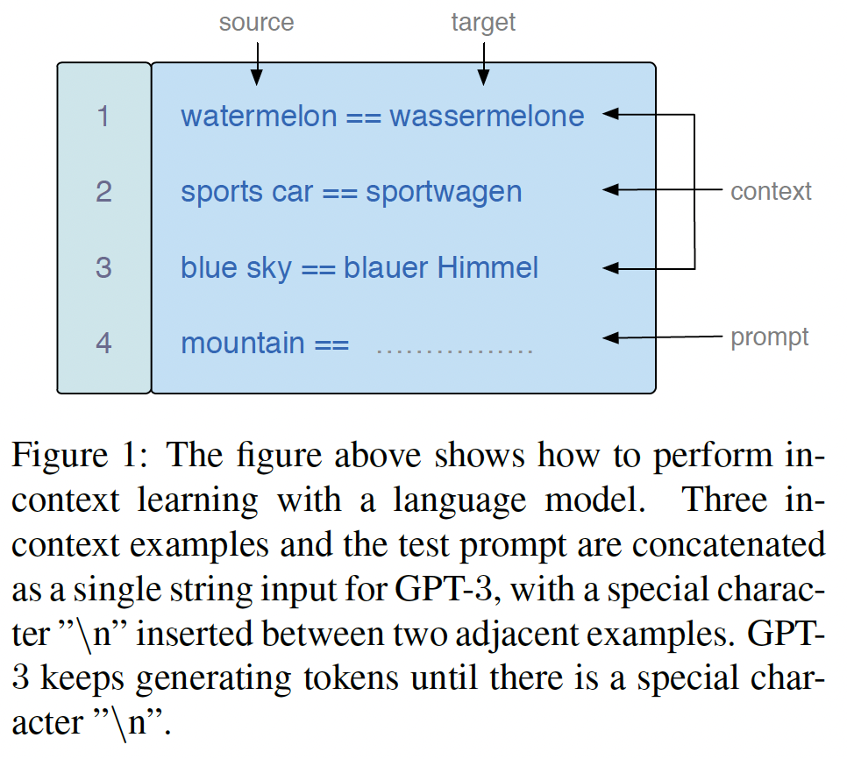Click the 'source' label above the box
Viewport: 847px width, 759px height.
click(x=256, y=22)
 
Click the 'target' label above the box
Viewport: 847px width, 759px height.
click(x=483, y=22)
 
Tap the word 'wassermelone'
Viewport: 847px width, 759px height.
click(x=487, y=116)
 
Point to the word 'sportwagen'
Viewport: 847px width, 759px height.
click(x=444, y=192)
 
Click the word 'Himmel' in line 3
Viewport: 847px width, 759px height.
click(x=488, y=267)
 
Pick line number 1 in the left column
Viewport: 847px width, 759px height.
click(x=103, y=116)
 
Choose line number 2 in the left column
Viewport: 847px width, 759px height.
click(x=103, y=192)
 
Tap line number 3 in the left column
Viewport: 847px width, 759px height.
click(x=103, y=267)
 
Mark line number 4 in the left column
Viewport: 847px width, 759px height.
click(x=103, y=343)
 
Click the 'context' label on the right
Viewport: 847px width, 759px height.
click(x=771, y=191)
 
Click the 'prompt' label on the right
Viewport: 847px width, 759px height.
click(x=770, y=337)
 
